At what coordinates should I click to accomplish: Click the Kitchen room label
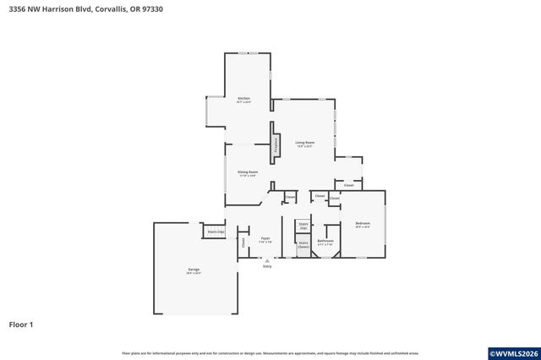point(243,99)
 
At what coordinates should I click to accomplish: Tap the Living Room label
point(304,142)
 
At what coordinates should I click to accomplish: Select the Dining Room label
point(248,172)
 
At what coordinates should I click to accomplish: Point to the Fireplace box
point(276,145)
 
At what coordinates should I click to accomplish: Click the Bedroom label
point(363,223)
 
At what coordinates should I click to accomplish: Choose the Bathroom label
point(325,241)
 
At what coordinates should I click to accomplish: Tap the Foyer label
point(265,238)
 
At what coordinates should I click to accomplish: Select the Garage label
point(194,270)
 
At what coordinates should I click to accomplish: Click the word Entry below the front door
point(267,266)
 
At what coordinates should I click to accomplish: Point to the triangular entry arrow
point(267,260)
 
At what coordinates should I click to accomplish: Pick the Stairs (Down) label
point(303,245)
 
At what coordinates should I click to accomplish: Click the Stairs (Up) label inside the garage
point(216,231)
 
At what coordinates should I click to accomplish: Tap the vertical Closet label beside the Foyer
point(243,242)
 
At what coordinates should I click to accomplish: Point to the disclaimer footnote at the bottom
point(270,352)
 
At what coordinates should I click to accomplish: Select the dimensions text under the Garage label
point(194,273)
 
